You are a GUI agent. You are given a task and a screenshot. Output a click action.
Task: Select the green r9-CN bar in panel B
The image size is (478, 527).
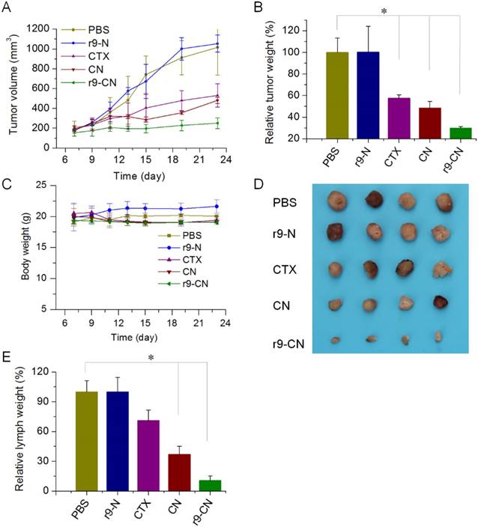[x=445, y=133]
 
